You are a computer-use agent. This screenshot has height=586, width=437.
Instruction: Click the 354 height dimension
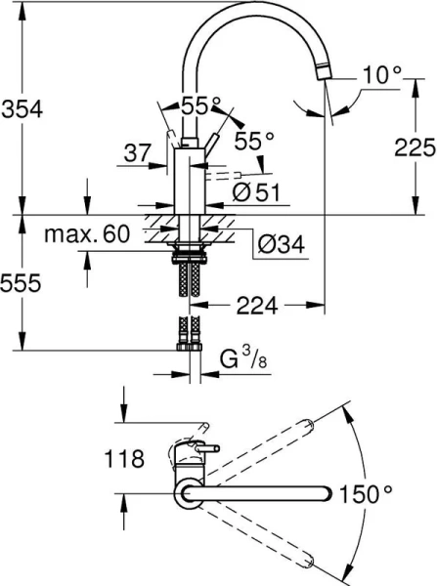[22, 109]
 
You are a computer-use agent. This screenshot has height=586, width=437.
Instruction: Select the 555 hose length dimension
[22, 283]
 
